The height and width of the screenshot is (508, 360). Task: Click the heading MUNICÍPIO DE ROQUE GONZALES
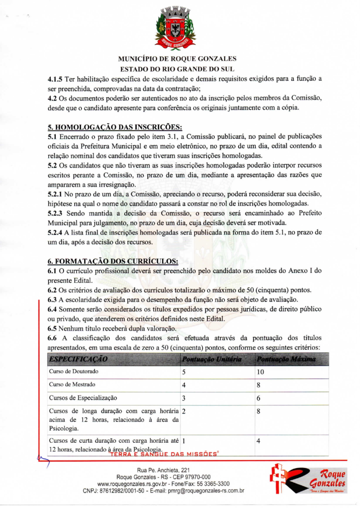click(177, 59)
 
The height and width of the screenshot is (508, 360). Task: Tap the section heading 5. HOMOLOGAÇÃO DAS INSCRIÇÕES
click(115, 127)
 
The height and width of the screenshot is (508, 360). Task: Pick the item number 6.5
click(54, 328)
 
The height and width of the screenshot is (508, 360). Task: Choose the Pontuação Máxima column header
click(286, 360)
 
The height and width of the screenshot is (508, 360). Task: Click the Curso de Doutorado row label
click(74, 372)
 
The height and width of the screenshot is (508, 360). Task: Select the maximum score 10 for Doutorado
click(260, 372)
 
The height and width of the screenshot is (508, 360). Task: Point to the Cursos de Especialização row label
click(83, 398)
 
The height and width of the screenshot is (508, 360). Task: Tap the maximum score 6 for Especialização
click(258, 398)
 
